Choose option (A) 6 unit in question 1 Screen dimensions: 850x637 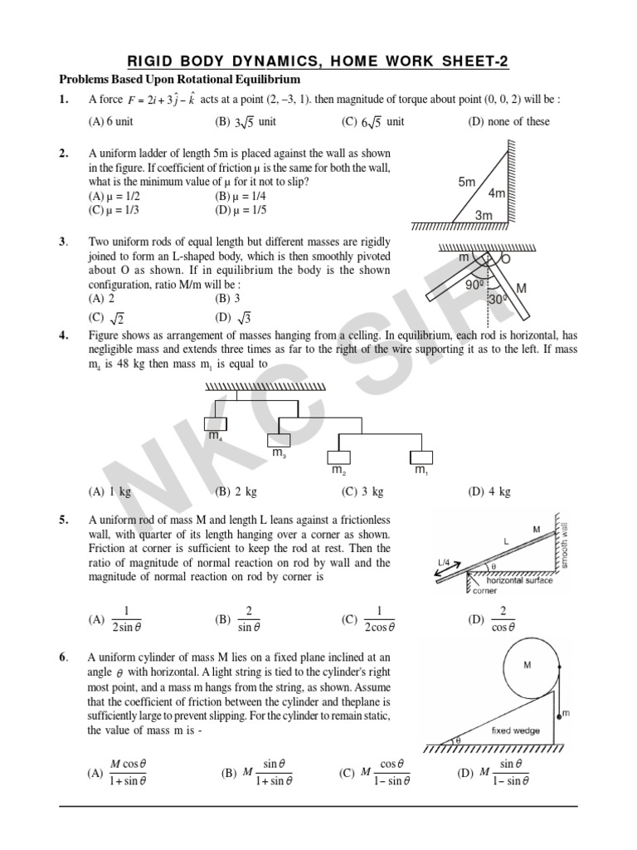click(x=109, y=121)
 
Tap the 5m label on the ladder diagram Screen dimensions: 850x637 click(x=466, y=181)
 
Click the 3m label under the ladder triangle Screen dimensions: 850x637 click(x=483, y=214)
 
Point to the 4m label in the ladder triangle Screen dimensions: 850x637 click(x=497, y=193)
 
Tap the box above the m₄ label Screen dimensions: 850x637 click(x=215, y=422)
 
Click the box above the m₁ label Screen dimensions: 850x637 click(x=421, y=457)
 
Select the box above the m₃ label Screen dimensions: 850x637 click(x=278, y=440)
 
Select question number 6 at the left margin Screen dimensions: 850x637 click(x=63, y=657)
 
